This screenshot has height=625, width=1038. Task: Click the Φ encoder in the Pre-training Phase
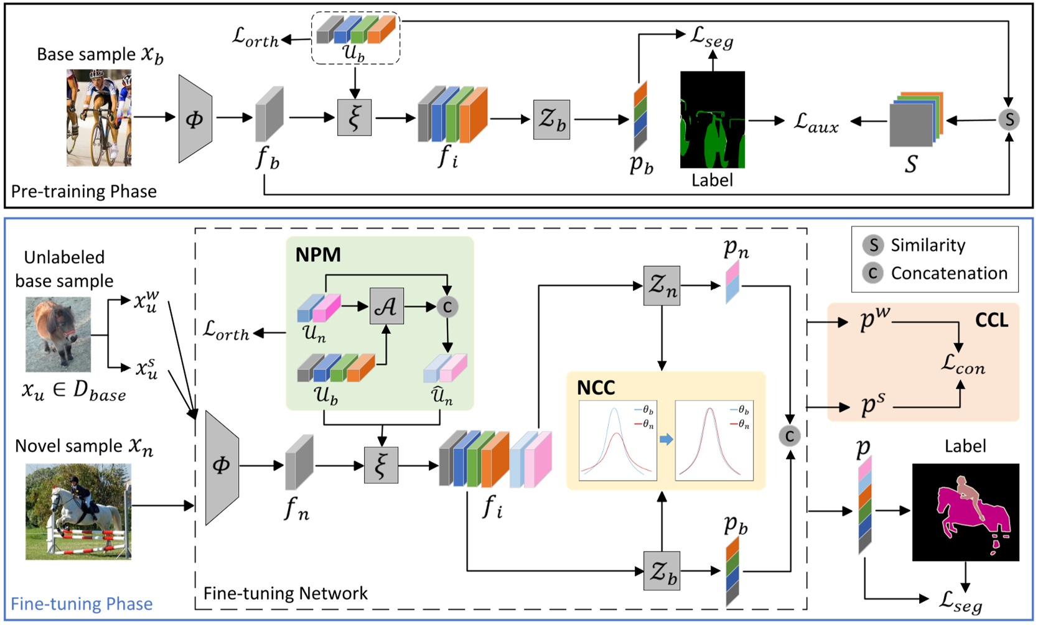click(x=195, y=119)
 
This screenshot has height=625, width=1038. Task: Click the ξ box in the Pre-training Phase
click(x=354, y=118)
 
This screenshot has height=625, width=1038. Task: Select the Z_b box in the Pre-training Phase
click(x=551, y=119)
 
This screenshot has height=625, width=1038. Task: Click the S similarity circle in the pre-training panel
click(x=1009, y=119)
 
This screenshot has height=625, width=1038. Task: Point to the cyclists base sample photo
click(x=99, y=118)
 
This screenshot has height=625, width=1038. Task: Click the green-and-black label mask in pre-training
click(x=712, y=119)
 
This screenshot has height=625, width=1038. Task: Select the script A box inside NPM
click(x=386, y=306)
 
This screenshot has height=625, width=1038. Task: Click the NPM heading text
click(x=318, y=255)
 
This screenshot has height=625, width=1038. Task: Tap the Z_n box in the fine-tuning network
click(x=662, y=285)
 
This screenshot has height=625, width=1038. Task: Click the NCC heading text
click(x=596, y=388)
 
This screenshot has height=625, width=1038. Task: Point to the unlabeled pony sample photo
click(x=58, y=334)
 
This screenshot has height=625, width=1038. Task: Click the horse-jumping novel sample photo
click(x=78, y=511)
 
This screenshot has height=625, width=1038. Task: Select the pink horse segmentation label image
click(x=965, y=512)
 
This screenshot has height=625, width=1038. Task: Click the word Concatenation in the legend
click(x=948, y=273)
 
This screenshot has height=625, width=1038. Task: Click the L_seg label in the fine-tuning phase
click(x=961, y=601)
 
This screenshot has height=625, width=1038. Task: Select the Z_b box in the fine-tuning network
click(x=662, y=571)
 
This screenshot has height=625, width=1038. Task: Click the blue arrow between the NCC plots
click(x=666, y=440)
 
